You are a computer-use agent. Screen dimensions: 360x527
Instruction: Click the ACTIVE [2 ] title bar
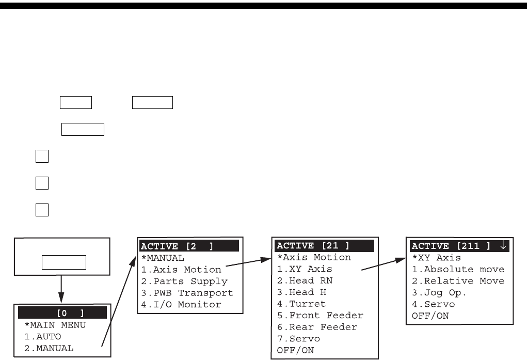[x=188, y=245]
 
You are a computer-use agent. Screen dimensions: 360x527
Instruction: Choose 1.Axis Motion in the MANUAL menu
[x=181, y=269]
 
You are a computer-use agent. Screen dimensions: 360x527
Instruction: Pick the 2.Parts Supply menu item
[x=184, y=281]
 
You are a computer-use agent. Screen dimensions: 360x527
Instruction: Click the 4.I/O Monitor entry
[x=181, y=304]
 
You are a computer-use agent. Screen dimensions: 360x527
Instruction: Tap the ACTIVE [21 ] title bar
[x=327, y=245]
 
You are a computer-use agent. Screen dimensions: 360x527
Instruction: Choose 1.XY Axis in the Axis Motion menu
[x=305, y=269]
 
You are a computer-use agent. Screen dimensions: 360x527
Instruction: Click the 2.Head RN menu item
[x=305, y=280]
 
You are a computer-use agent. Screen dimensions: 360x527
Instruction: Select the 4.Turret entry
[x=302, y=304]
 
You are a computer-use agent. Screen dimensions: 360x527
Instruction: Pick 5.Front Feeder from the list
[x=320, y=315]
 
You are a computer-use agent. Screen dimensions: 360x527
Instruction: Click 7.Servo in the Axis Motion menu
[x=299, y=339]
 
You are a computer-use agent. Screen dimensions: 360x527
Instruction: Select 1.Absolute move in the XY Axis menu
[x=457, y=269]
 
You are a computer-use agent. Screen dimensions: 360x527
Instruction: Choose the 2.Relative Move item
[x=457, y=281]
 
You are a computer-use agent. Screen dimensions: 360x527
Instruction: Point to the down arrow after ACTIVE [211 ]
[x=504, y=245]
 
